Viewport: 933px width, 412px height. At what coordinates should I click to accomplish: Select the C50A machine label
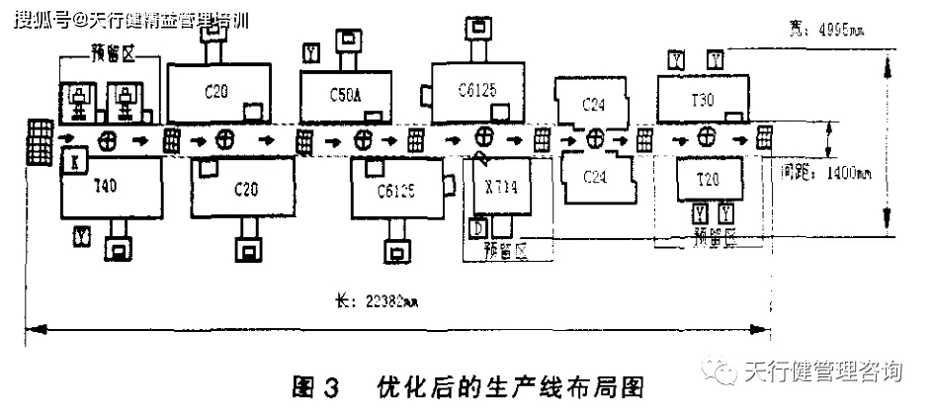tap(345, 94)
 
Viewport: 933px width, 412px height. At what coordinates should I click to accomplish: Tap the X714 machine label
tap(501, 185)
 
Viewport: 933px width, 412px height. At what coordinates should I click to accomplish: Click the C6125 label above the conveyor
tap(476, 90)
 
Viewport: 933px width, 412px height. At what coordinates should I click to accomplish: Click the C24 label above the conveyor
tap(593, 104)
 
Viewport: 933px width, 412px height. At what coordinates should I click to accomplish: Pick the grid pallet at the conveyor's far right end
tap(764, 136)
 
